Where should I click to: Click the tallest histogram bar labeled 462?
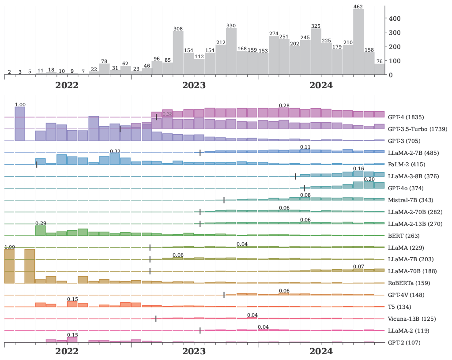(358, 42)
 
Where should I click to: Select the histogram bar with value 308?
(178, 52)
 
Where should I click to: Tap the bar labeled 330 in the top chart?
(231, 51)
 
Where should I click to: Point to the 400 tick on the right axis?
(395, 19)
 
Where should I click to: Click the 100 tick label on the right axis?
(395, 61)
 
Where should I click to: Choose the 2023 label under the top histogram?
(194, 86)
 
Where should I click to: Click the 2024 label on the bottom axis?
(321, 352)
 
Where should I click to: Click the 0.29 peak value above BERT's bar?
(41, 224)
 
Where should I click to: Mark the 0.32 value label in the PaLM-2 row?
(115, 152)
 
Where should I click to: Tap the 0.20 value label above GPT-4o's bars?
(369, 179)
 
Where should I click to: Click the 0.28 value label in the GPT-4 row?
(284, 105)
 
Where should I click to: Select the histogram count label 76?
(379, 61)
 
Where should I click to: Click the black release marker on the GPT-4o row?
(305, 188)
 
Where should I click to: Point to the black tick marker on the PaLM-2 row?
(37, 165)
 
